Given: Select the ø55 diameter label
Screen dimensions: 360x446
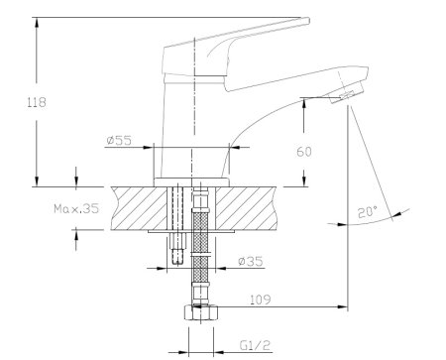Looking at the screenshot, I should pyautogui.click(x=119, y=141).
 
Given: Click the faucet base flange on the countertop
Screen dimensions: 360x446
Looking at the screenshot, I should pyautogui.click(x=193, y=181).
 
